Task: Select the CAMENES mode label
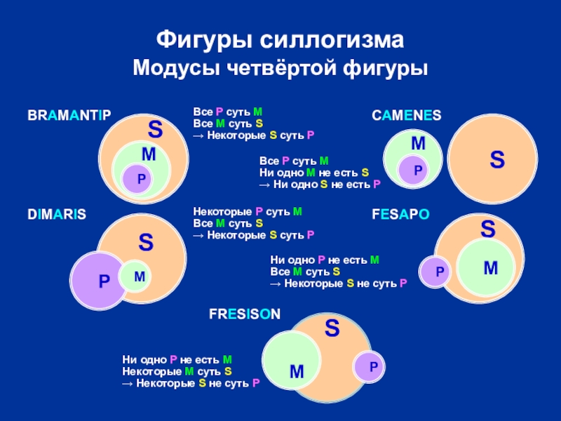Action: click(406, 115)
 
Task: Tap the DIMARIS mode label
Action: click(57, 215)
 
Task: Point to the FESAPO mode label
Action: click(400, 215)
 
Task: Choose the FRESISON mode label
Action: click(244, 316)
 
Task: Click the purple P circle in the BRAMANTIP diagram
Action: click(141, 180)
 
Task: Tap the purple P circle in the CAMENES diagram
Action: click(417, 170)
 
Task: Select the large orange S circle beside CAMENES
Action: click(496, 160)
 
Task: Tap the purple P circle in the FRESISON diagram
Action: click(372, 366)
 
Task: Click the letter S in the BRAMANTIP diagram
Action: click(156, 130)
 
